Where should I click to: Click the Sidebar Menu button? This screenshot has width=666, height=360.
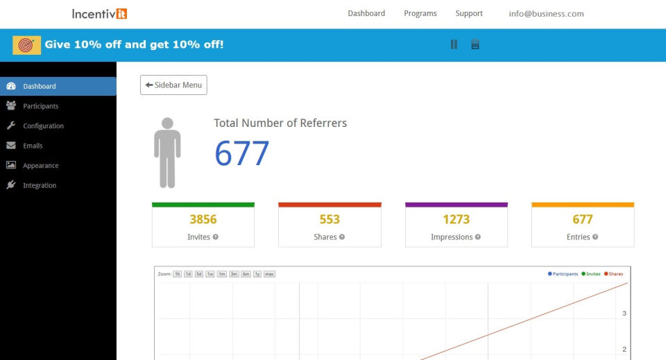tap(173, 85)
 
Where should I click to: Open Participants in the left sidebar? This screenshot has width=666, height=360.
tap(40, 106)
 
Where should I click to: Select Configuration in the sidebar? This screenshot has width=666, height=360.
tap(43, 126)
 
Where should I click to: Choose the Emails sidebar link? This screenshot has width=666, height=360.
tap(33, 146)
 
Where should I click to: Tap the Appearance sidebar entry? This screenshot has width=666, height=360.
tap(40, 166)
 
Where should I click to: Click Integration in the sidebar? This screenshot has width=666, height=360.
tap(40, 185)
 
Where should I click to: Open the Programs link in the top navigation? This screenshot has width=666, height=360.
tap(420, 13)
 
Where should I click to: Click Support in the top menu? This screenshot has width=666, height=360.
tap(469, 13)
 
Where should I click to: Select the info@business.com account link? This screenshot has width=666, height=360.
tap(546, 13)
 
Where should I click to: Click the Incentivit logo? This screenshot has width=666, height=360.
tap(99, 13)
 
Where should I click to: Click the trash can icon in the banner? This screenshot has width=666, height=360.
tap(475, 44)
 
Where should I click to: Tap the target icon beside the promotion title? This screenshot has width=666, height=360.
tap(26, 45)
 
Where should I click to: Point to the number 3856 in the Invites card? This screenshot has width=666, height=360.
tap(203, 219)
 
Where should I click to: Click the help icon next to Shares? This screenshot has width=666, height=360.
tap(342, 237)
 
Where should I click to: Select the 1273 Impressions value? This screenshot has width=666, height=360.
tap(456, 219)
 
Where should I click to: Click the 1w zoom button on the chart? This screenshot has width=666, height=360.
tap(210, 274)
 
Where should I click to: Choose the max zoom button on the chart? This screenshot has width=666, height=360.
tap(269, 274)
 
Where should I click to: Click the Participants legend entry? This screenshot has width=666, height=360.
tap(563, 274)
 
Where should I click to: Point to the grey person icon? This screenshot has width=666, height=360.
tap(166, 153)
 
